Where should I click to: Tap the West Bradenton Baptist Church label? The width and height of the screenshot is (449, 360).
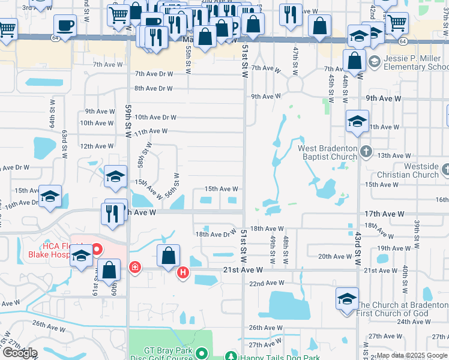[x=328, y=152]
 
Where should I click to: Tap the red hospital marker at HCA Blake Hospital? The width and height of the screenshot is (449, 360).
[x=96, y=248]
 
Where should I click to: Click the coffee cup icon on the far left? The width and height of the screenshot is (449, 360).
[x=65, y=26]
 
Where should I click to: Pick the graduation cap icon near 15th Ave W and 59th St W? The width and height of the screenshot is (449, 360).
[x=115, y=176]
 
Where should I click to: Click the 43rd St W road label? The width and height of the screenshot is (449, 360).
[x=357, y=234]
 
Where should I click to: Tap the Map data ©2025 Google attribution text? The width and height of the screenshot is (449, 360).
[x=411, y=356]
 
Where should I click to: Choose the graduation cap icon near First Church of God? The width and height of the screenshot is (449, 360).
[x=347, y=299]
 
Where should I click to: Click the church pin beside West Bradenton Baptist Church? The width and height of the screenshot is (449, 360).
[x=365, y=152]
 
